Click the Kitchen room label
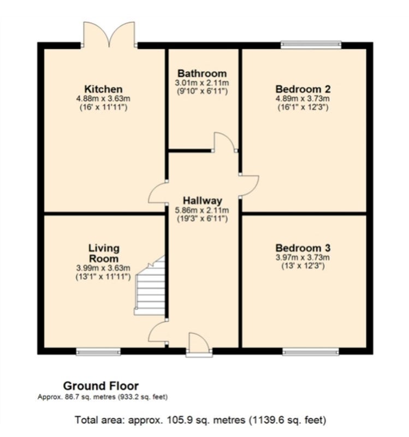pos(103,89)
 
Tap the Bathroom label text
pos(202,74)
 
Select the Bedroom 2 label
pos(303,89)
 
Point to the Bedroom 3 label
pos(303,248)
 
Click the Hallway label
pos(202,200)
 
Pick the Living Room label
pos(103,253)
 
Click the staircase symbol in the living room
pos(150,285)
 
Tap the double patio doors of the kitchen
pos(109,34)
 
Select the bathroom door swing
pos(224,142)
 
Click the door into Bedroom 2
pos(249,186)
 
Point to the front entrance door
pos(199,344)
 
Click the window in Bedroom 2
pos(311,45)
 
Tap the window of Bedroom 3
pos(311,352)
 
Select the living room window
pos(98,352)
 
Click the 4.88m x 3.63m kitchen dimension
pos(103,99)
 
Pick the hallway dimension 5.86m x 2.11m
pos(202,210)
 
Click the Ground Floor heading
pos(101,386)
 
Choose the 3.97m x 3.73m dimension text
pos(303,257)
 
